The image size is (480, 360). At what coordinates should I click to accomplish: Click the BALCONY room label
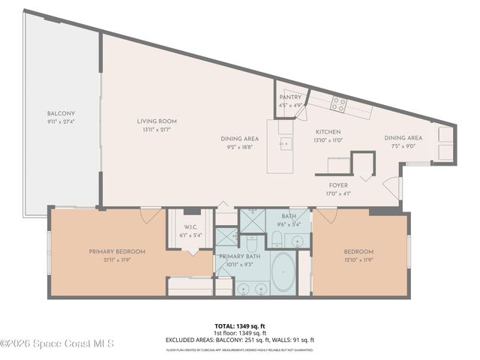(61, 114)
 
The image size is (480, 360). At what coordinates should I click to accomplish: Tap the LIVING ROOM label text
(156, 121)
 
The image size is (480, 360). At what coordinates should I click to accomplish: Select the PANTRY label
(290, 97)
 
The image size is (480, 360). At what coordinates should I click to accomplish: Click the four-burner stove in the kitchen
(339, 105)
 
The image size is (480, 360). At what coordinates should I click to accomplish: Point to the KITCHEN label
(328, 131)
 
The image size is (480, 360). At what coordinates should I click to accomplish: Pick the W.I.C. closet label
(190, 226)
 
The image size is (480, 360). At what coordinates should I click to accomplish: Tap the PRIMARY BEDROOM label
(116, 251)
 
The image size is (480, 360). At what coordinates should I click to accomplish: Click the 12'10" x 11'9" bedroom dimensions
(358, 259)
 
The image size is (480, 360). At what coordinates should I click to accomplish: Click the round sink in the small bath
(298, 241)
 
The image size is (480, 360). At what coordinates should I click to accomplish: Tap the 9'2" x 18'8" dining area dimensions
(239, 147)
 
